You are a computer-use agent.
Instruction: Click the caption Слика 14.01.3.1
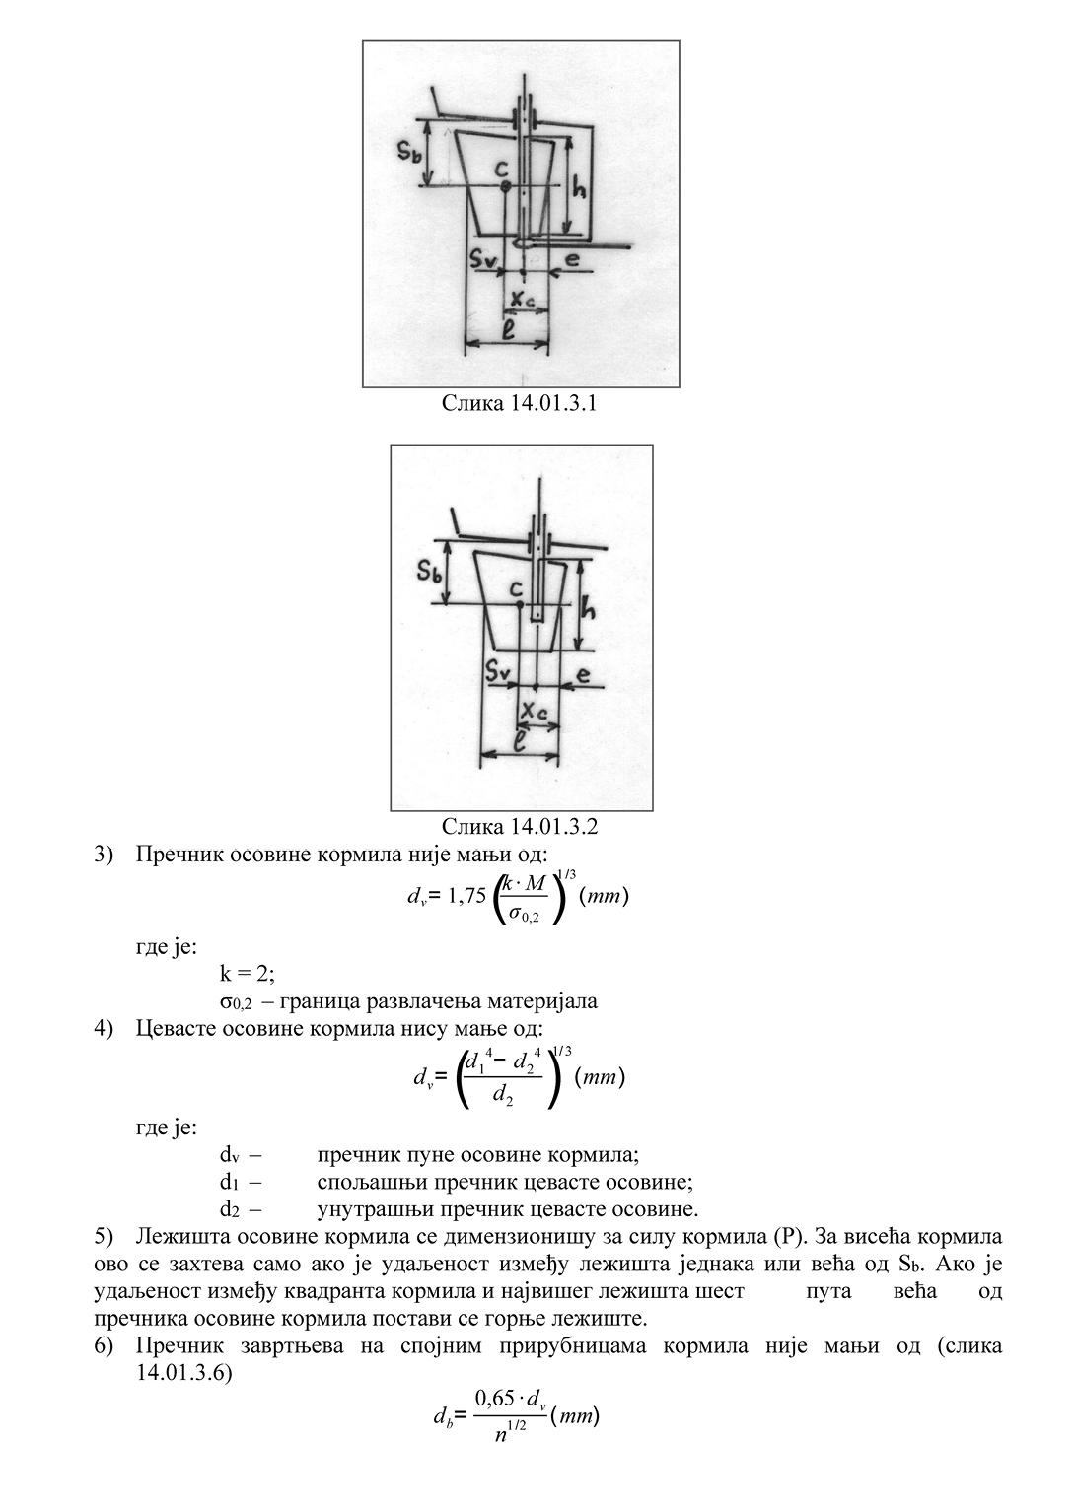pyautogui.click(x=519, y=403)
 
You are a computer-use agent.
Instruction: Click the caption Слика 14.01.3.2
pyautogui.click(x=519, y=826)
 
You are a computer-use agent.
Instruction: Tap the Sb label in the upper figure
pyautogui.click(x=412, y=151)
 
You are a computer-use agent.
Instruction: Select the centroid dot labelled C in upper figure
pyautogui.click(x=505, y=186)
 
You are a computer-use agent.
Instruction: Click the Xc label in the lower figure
pyautogui.click(x=534, y=711)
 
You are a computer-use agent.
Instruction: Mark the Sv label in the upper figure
pyautogui.click(x=484, y=260)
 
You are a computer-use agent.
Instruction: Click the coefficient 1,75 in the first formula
pyautogui.click(x=466, y=896)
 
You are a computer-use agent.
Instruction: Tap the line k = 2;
pyautogui.click(x=248, y=974)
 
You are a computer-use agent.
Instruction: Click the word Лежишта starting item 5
pyautogui.click(x=178, y=1236)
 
